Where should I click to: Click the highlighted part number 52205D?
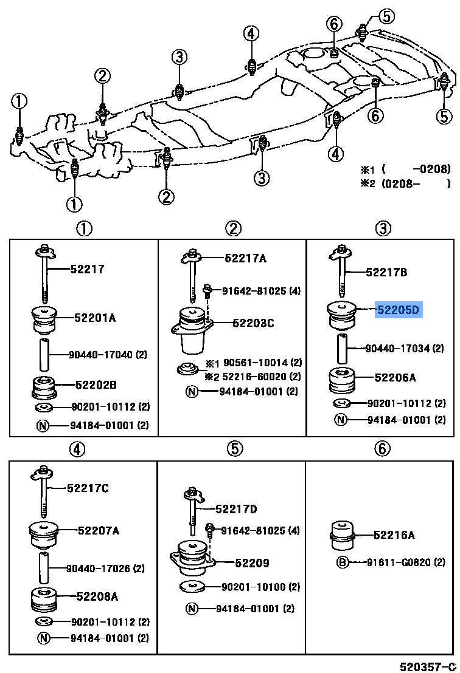(x=398, y=310)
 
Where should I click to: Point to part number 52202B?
(x=96, y=384)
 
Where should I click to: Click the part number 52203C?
(x=253, y=323)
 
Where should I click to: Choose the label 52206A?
(x=395, y=377)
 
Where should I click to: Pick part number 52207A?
(x=98, y=530)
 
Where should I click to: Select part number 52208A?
(x=97, y=597)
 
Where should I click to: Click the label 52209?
(x=253, y=563)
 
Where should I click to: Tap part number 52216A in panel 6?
(x=394, y=535)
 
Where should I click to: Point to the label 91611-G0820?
(x=405, y=562)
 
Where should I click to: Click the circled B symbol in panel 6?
(x=343, y=562)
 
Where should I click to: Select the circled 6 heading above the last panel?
(x=381, y=449)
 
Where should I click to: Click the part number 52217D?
(x=236, y=508)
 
